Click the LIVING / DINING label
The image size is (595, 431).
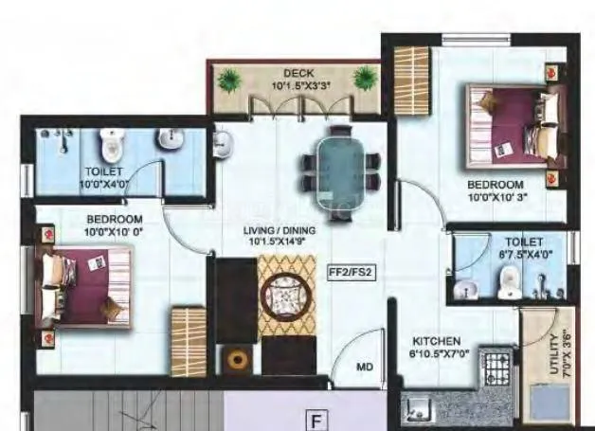282,230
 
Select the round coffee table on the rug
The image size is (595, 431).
286,296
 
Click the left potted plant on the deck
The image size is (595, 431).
227,80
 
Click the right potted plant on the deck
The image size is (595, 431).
365,78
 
